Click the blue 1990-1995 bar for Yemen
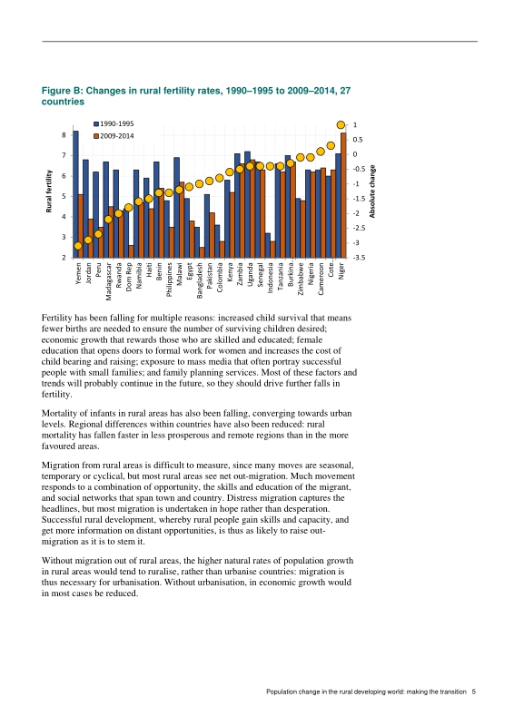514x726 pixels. pyautogui.click(x=75, y=194)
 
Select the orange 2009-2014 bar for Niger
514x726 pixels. pyautogui.click(x=343, y=195)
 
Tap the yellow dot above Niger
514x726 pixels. pyautogui.click(x=341, y=124)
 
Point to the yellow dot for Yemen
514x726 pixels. pyautogui.click(x=78, y=246)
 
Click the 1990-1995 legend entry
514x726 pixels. pyautogui.click(x=114, y=123)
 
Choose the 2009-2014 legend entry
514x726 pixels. pyautogui.click(x=114, y=135)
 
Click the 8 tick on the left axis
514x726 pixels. pyautogui.click(x=64, y=134)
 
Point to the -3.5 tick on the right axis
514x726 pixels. pyautogui.click(x=359, y=258)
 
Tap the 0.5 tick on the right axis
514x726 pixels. pyautogui.click(x=357, y=140)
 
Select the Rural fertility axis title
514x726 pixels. pyautogui.click(x=49, y=191)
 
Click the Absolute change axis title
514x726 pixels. pyautogui.click(x=371, y=191)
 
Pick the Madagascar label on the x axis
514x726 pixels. pyautogui.click(x=108, y=281)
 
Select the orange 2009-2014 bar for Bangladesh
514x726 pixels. pyautogui.click(x=203, y=252)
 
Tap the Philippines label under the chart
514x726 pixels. pyautogui.click(x=169, y=280)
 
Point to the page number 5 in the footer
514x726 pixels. pyautogui.click(x=474, y=692)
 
